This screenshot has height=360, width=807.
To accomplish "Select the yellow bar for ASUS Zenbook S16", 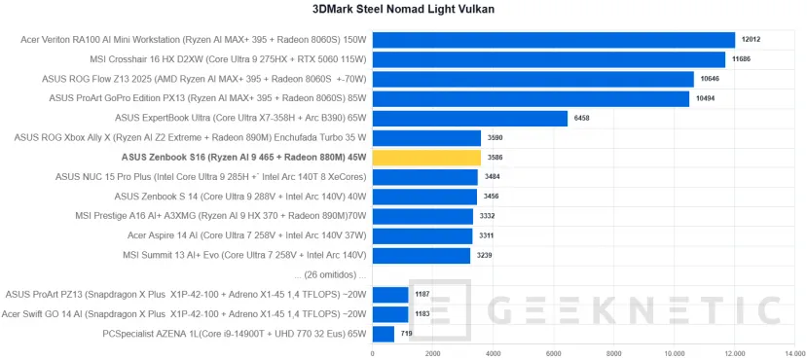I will (x=426, y=158).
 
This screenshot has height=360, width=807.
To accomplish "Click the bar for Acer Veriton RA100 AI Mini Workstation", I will (x=553, y=40).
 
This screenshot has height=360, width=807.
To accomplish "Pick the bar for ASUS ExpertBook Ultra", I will (x=469, y=119).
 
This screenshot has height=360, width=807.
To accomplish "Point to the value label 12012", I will (x=751, y=40).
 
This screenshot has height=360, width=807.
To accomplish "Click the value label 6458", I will (x=582, y=119).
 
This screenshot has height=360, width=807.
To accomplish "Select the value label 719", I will (x=407, y=335).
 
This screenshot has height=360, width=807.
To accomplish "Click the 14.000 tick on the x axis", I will (x=795, y=353).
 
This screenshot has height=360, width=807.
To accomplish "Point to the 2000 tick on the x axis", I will (x=433, y=353).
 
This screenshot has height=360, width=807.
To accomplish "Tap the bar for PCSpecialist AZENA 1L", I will (x=384, y=335).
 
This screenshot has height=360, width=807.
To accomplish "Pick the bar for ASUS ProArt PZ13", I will (x=390, y=295).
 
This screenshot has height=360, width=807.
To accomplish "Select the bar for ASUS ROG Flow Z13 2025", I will (x=532, y=80).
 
